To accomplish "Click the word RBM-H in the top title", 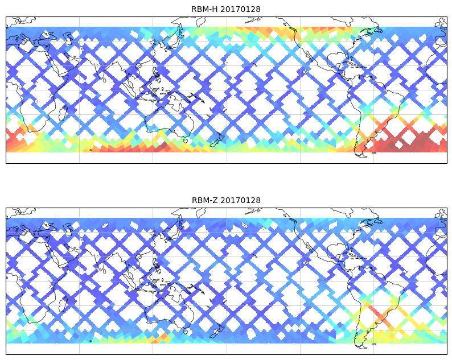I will click(x=203, y=9).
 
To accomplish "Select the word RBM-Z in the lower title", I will click(x=203, y=200).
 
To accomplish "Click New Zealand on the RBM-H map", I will click(x=217, y=140).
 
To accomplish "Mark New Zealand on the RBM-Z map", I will click(x=217, y=331).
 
